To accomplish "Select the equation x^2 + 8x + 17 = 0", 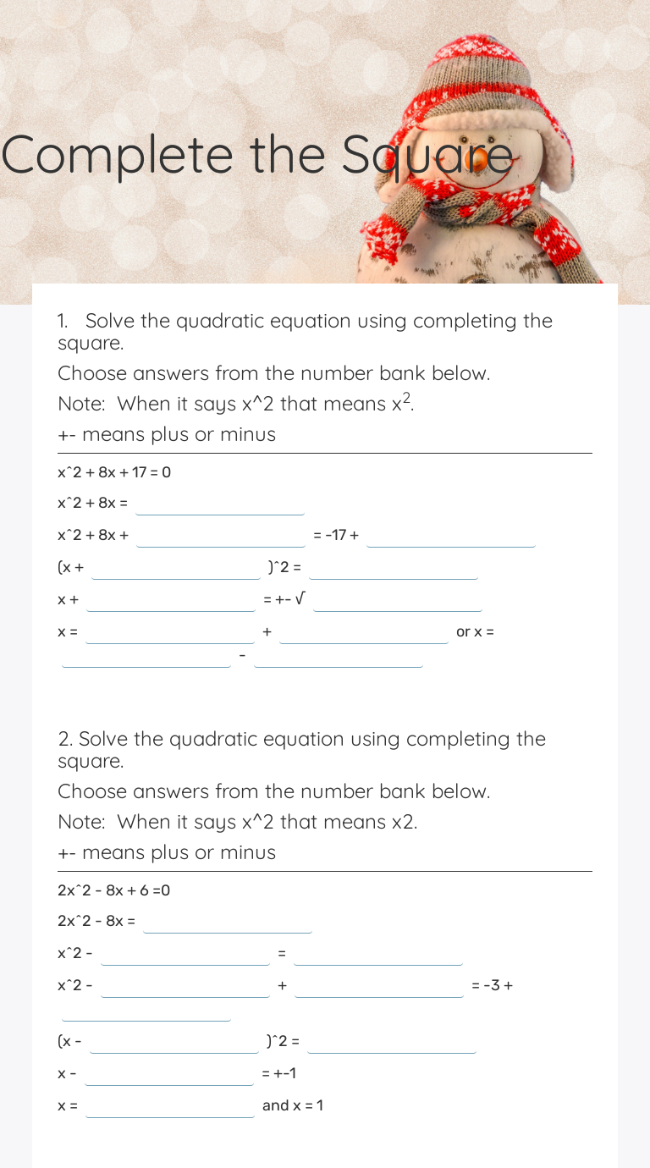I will tap(114, 472).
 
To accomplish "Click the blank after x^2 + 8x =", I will tap(220, 504).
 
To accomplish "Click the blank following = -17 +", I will tap(451, 537).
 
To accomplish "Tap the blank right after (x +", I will tap(176, 569).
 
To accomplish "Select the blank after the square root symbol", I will tap(397, 601).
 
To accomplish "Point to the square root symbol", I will tap(300, 599).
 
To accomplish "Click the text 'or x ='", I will tap(475, 631).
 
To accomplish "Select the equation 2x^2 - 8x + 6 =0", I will tap(114, 890).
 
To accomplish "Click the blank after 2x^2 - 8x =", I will tap(228, 923).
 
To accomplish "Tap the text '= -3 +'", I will tap(493, 985).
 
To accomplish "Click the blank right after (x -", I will tap(174, 1043).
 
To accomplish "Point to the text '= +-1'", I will tap(279, 1073).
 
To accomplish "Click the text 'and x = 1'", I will tap(293, 1105).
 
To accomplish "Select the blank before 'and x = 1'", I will tap(169, 1107).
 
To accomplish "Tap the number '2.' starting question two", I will tap(65, 739).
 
